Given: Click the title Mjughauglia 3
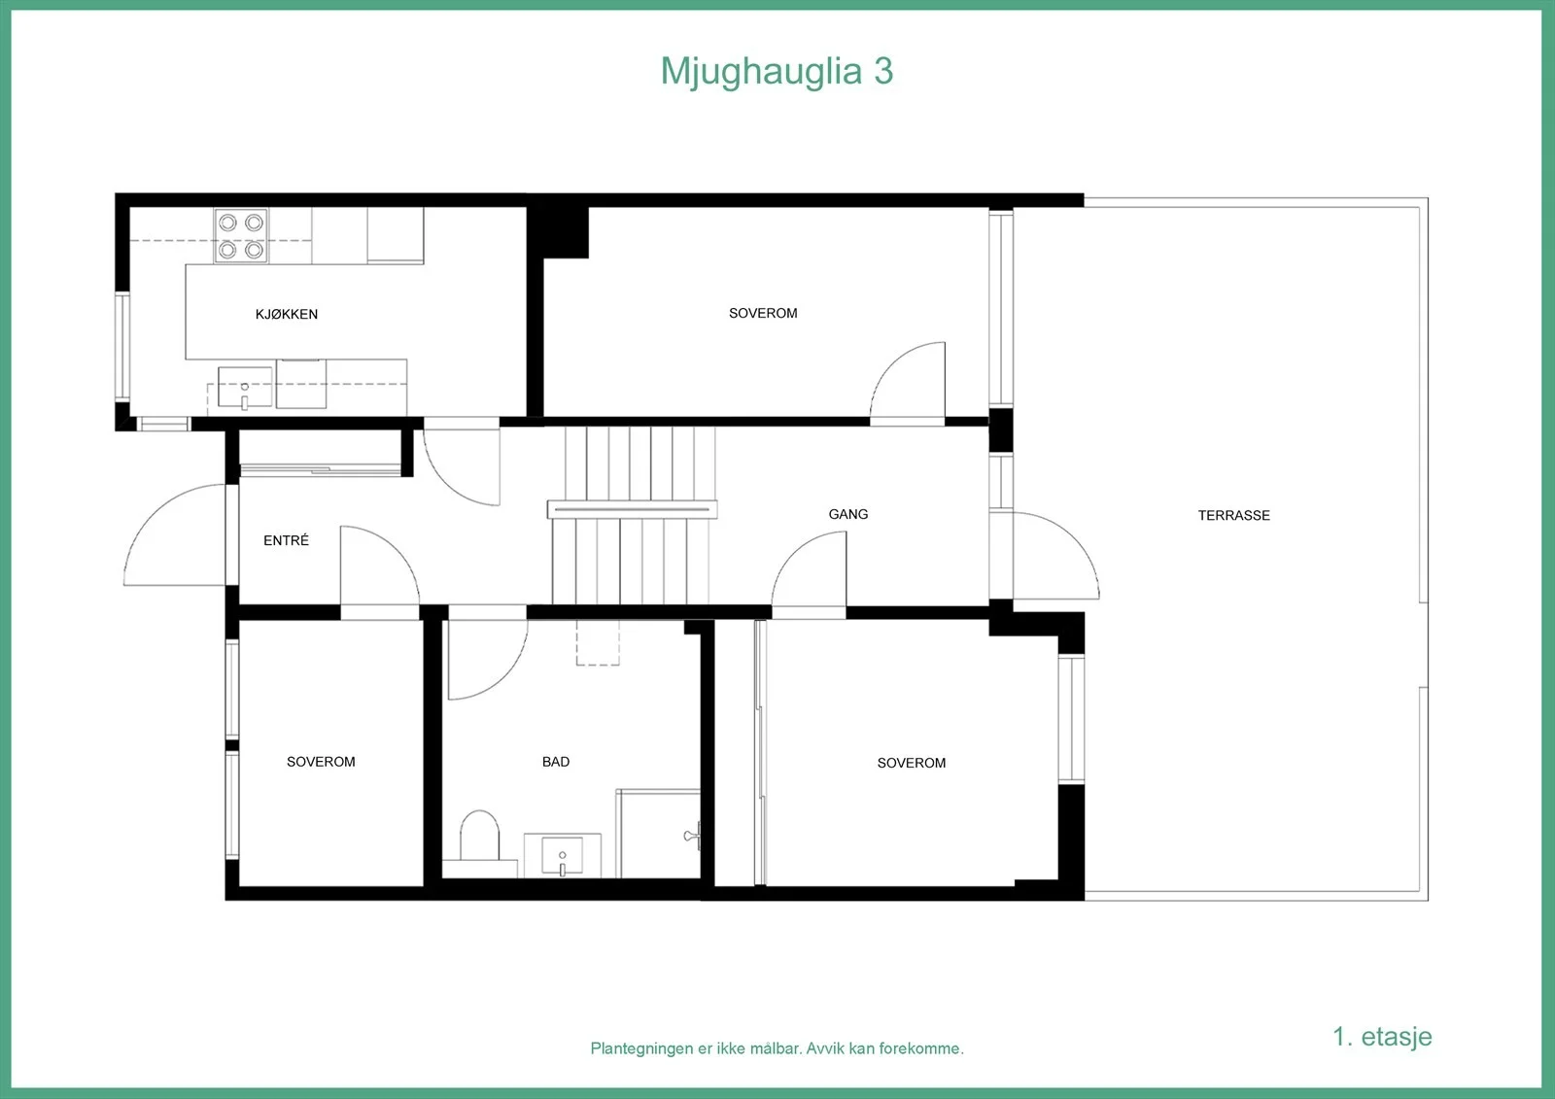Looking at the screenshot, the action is pyautogui.click(x=777, y=72).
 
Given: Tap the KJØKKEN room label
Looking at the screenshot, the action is pyautogui.click(x=287, y=314).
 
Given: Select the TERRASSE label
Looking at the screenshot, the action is pyautogui.click(x=1233, y=515).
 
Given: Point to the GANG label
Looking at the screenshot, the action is pyautogui.click(x=847, y=514).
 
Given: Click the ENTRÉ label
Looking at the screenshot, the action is pyautogui.click(x=286, y=540).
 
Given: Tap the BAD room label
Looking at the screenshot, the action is pyautogui.click(x=555, y=762).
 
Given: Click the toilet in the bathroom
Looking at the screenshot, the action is pyautogui.click(x=480, y=837).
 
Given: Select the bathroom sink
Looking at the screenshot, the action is pyautogui.click(x=563, y=855).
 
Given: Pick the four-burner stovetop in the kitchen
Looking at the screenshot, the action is pyautogui.click(x=241, y=235).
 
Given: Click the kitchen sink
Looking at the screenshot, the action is pyautogui.click(x=244, y=388).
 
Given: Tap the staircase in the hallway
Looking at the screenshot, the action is pyautogui.click(x=632, y=515).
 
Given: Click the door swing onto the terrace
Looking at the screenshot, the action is pyautogui.click(x=1055, y=556).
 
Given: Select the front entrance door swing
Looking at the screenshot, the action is pyautogui.click(x=174, y=534).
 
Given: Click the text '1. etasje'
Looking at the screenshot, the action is pyautogui.click(x=1382, y=1036).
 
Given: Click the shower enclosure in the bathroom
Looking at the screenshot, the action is pyautogui.click(x=658, y=833).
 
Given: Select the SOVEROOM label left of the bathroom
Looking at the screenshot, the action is pyautogui.click(x=321, y=762).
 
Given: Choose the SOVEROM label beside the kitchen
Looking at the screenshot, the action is pyautogui.click(x=763, y=313).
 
